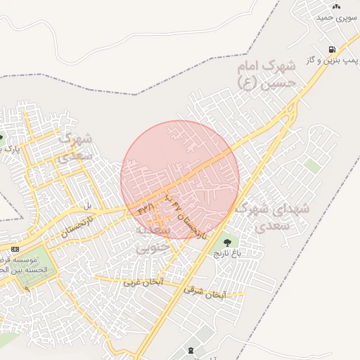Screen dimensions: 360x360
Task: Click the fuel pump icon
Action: pyautogui.click(x=331, y=50)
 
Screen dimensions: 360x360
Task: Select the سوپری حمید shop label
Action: pyautogui.click(x=334, y=16)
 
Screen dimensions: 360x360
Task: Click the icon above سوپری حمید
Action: pyautogui.click(x=336, y=6)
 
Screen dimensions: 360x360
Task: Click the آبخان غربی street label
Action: pyautogui.click(x=143, y=281)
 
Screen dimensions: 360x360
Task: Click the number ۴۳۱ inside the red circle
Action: pyautogui.click(x=146, y=208)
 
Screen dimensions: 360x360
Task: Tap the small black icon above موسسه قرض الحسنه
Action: pyautogui.click(x=15, y=250)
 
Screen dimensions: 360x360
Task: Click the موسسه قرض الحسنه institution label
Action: pyautogui.click(x=23, y=264)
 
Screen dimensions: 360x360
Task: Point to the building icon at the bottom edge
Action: pyautogui.click(x=191, y=350)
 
